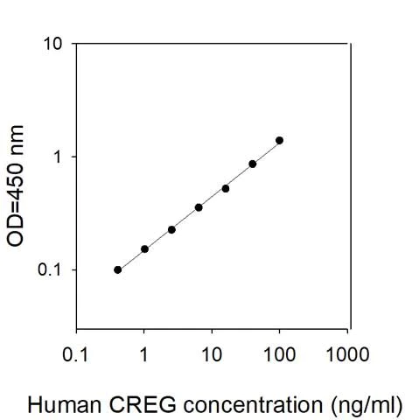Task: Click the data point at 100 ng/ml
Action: (x=279, y=140)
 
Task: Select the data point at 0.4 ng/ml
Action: (x=117, y=269)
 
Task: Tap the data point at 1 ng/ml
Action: (x=144, y=248)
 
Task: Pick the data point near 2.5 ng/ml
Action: (x=171, y=229)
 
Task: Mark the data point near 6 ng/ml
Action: (x=199, y=207)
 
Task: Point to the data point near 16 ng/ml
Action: (x=226, y=188)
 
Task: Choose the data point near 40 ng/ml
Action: (x=252, y=164)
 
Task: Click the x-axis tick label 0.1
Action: (x=76, y=356)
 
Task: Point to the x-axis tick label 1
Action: (x=143, y=356)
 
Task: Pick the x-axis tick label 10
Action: (x=211, y=356)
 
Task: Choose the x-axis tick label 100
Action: (x=279, y=356)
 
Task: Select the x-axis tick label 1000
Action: (x=346, y=356)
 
